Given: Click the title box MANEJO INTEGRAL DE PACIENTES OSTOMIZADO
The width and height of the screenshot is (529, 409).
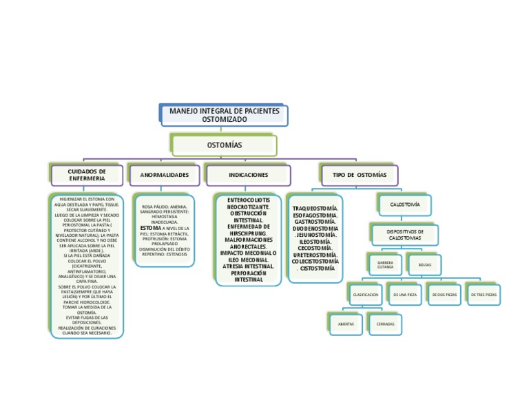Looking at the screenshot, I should coord(224,115).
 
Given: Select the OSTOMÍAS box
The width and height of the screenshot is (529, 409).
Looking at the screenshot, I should coord(225,145).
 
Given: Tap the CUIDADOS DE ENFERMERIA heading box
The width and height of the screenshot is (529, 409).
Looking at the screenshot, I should coord(87,175).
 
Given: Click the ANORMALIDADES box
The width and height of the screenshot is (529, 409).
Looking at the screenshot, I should coord(165,175).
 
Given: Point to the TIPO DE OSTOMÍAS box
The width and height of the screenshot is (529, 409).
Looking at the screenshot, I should coord(360,175).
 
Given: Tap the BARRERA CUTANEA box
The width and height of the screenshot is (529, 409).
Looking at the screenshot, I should coord(385,265).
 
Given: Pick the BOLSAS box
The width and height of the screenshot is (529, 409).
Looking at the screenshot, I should coord(424,264).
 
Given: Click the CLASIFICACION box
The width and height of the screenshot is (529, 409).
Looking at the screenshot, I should coord(366,295).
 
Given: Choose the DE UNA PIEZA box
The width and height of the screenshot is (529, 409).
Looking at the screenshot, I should coord(404,295).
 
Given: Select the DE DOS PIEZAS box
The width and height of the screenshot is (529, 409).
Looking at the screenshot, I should coord(444,295).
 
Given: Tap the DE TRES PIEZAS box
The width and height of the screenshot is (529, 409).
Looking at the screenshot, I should coord(483,295).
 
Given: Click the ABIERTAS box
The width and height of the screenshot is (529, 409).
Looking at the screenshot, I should coord(346,324).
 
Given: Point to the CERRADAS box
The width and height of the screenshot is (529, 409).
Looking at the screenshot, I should coord(386,324).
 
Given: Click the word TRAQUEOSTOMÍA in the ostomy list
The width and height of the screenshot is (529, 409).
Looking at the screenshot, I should coord(315,207).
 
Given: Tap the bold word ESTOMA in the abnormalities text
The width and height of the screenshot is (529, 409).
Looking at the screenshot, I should coord(151,227).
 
